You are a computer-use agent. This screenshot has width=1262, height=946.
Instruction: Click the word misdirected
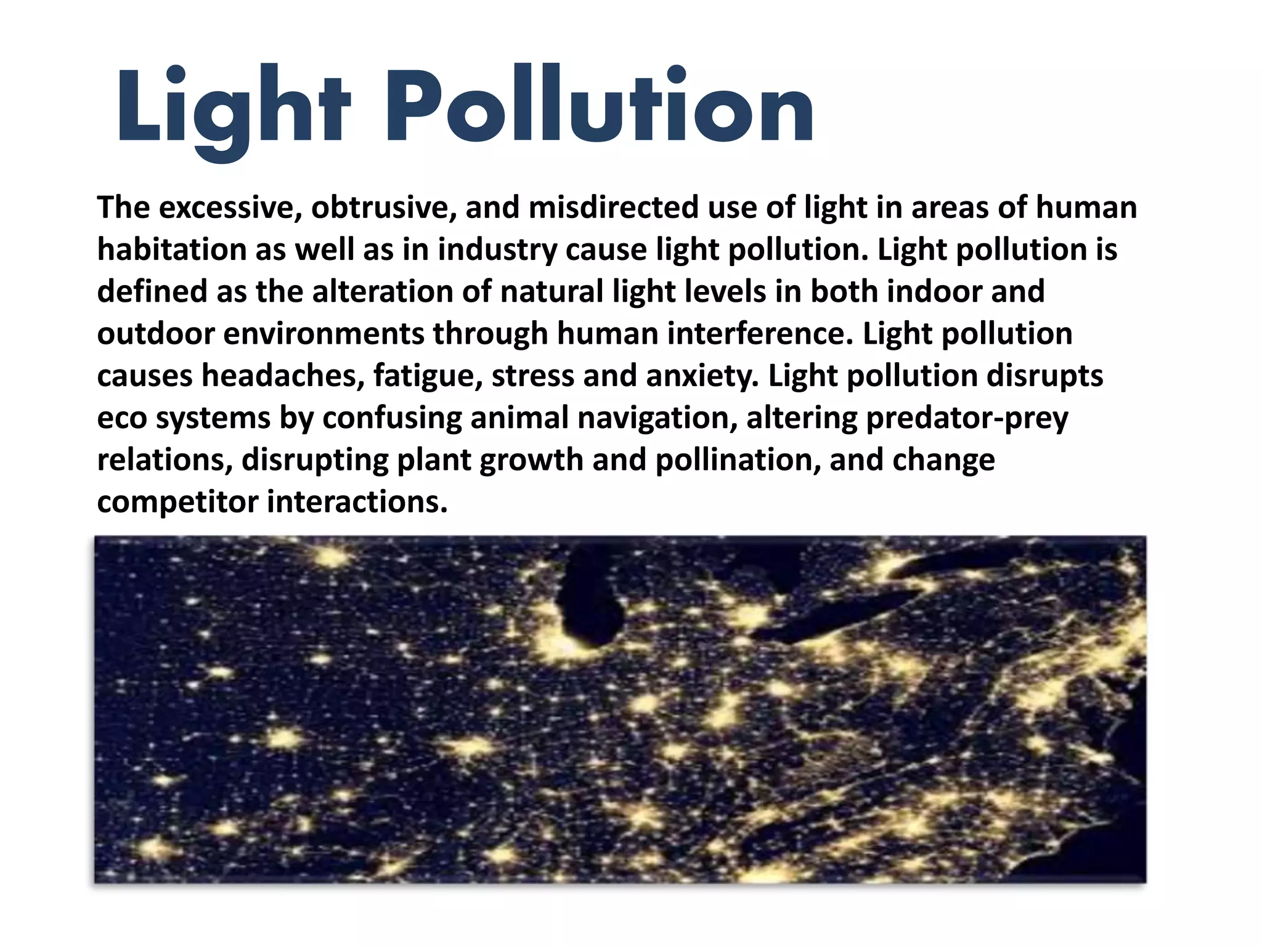pos(613,208)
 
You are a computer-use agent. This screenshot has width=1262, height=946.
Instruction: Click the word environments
pos(324,334)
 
